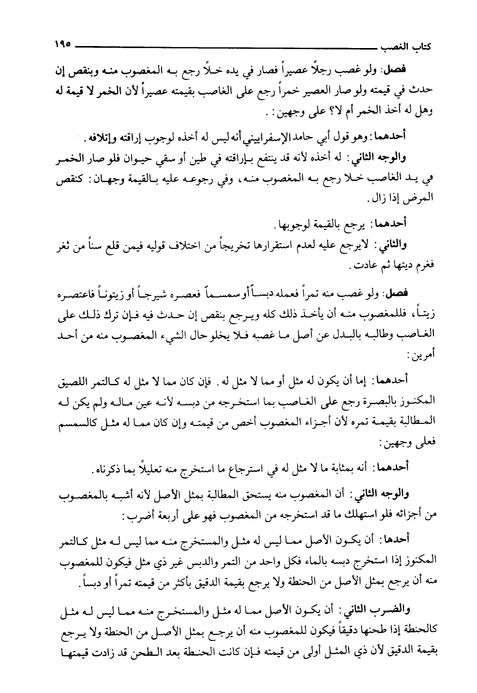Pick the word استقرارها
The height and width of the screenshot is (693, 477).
click(x=293, y=246)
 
